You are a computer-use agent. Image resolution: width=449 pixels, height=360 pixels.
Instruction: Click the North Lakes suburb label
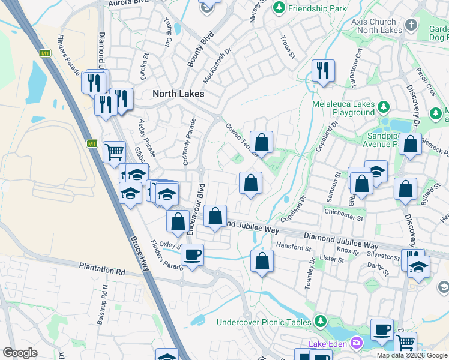pyautogui.click(x=178, y=94)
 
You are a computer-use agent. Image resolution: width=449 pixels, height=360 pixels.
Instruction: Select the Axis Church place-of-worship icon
pyautogui.click(x=411, y=25)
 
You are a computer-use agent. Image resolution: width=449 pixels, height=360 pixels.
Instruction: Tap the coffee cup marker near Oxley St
pyautogui.click(x=192, y=254)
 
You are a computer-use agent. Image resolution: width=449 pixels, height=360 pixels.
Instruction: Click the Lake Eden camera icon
pyautogui.click(x=357, y=343)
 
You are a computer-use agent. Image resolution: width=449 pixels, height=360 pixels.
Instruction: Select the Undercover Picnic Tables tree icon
pyautogui.click(x=321, y=322)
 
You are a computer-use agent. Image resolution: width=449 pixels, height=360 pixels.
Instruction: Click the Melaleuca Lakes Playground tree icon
pyautogui.click(x=383, y=108)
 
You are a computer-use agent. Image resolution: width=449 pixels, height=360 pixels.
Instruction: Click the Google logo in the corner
pyautogui.click(x=20, y=353)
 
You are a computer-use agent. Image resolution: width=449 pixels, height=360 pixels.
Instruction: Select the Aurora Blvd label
pyautogui.click(x=127, y=4)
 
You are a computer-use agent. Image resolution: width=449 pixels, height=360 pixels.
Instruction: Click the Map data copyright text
pyautogui.click(x=412, y=355)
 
